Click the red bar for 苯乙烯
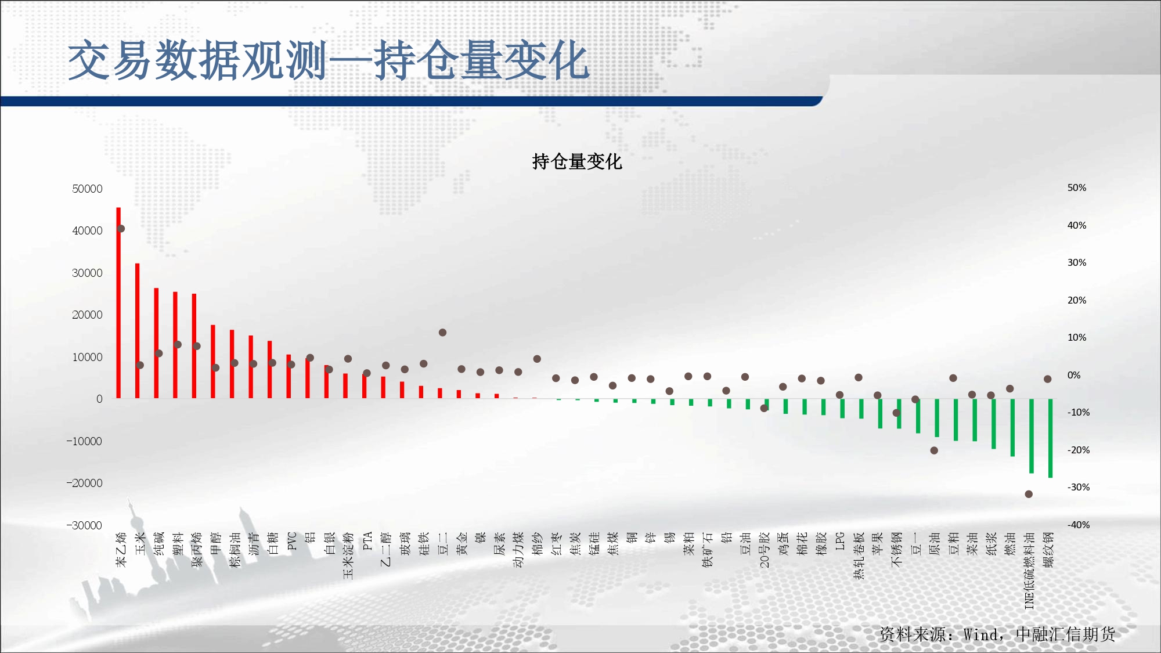coord(118,302)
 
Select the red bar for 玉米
coord(138,331)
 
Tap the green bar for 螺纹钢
coord(1050,438)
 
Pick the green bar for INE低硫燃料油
coord(1032,436)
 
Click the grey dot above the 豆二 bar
coord(442,333)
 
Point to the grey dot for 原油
coord(934,450)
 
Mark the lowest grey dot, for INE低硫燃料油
coord(1029,494)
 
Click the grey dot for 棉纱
coord(537,359)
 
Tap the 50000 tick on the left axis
coord(87,189)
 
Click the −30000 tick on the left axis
coord(84,525)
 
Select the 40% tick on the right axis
coord(1077,225)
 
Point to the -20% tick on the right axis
coord(1078,450)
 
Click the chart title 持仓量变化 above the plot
coord(577,161)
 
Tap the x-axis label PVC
coord(292,541)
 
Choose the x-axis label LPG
coord(840,541)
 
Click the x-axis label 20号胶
coord(765,550)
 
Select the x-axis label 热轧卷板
coord(859,555)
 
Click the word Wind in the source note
coord(981,634)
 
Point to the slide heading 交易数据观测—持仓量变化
coord(329,60)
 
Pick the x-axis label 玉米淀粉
coord(348,555)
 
